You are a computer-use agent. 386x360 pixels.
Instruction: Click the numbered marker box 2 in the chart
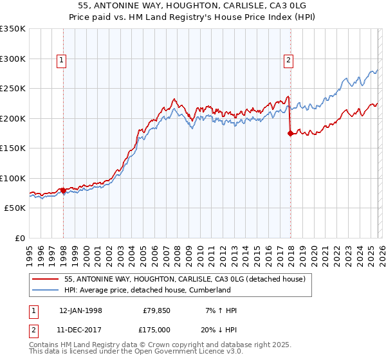pyautogui.click(x=288, y=61)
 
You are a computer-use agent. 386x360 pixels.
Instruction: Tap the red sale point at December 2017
pyautogui.click(x=290, y=134)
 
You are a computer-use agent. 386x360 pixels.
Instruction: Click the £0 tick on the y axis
pyautogui.click(x=20, y=239)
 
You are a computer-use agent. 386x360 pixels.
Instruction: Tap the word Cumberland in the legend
pyautogui.click(x=209, y=290)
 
